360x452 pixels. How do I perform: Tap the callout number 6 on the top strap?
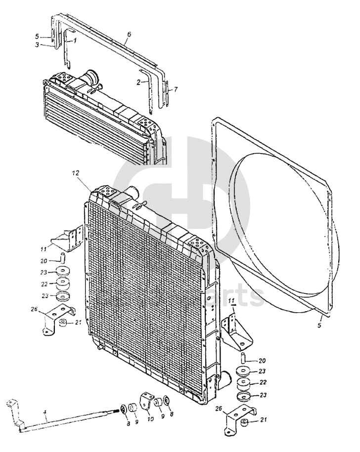129,34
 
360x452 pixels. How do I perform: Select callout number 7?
176,89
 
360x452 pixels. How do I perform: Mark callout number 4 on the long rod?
45,413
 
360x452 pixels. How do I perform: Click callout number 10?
150,418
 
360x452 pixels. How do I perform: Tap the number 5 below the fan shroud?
319,325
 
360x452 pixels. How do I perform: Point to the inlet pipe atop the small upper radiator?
91,79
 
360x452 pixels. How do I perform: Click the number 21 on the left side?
78,323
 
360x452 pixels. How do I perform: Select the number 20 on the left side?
44,261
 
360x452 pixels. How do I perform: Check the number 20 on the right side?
262,360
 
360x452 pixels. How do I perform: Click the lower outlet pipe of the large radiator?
226,379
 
